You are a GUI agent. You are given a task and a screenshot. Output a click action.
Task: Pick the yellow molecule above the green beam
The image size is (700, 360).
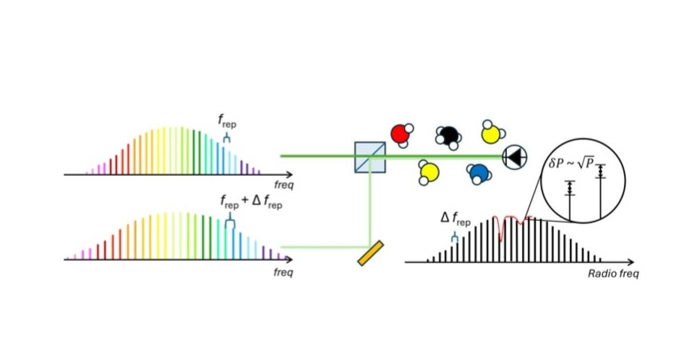(492, 133)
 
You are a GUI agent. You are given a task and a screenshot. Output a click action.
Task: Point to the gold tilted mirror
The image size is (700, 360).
(370, 253)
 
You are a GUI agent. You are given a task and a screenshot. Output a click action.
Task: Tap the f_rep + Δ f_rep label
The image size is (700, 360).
(251, 203)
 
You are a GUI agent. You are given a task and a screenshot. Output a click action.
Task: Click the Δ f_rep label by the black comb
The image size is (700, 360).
(455, 219)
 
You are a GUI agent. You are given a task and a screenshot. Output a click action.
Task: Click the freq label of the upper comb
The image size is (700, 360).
(284, 186)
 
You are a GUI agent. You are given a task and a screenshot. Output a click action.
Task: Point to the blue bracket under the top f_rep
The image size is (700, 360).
(227, 138)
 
